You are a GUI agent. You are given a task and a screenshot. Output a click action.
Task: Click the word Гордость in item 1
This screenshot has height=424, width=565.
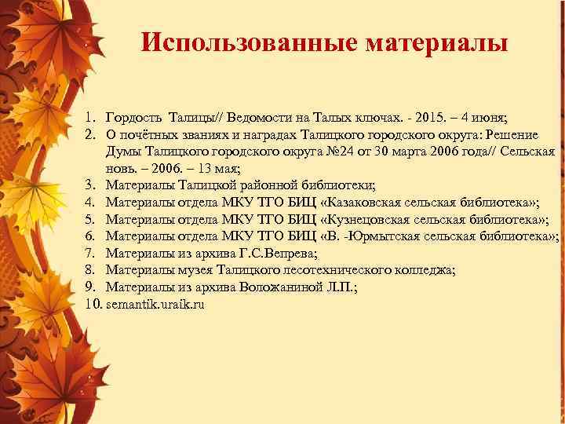(x=134, y=118)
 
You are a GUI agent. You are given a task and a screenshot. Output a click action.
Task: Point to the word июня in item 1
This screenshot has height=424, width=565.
(x=489, y=118)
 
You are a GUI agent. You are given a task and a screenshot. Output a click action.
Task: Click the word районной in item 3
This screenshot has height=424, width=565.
(x=269, y=185)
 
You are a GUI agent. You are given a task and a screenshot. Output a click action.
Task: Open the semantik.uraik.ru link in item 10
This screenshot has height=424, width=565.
(x=155, y=304)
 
